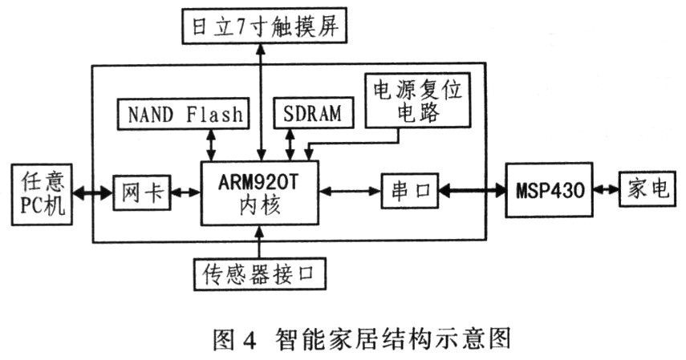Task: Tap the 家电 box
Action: [x=647, y=191]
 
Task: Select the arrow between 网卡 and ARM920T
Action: [x=186, y=192]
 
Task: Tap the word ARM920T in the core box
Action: [x=259, y=180]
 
